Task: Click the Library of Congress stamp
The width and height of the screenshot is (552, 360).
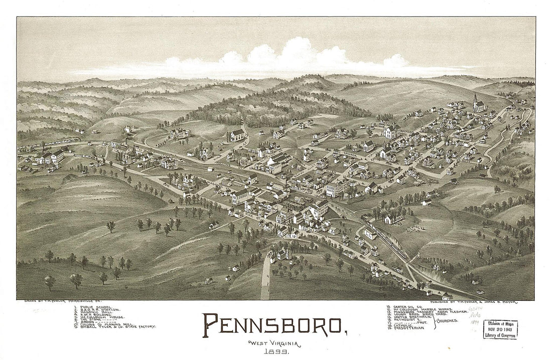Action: pyautogui.click(x=500, y=329)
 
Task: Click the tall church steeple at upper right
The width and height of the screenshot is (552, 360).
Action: pyautogui.click(x=475, y=99)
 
